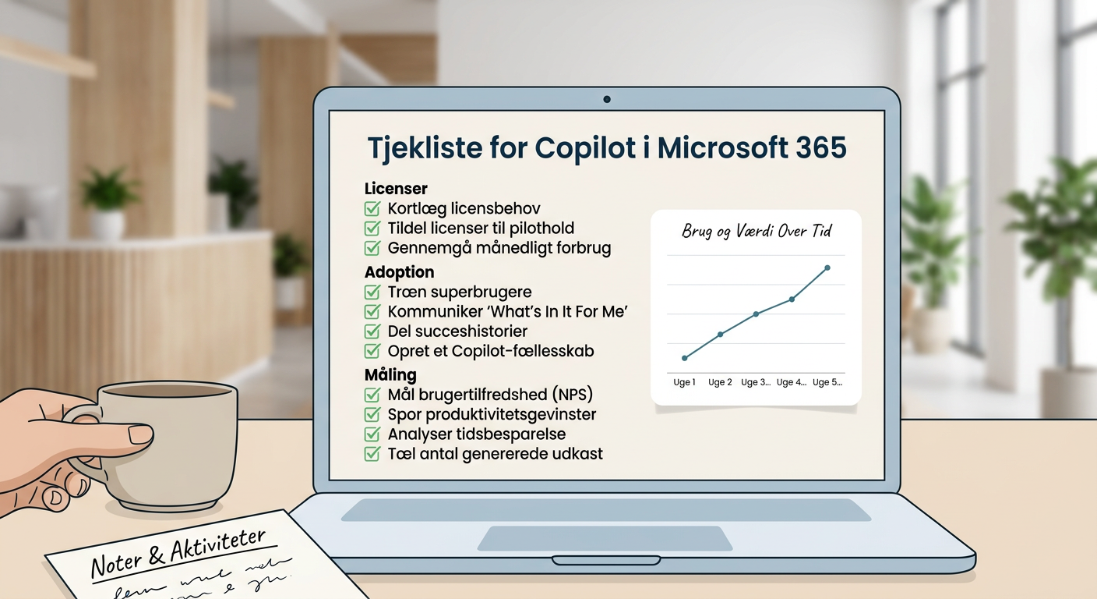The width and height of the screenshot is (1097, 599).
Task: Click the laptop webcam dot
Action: click(607, 99)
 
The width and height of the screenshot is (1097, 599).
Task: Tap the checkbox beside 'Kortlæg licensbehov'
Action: click(372, 208)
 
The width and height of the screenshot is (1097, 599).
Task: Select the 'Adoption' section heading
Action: click(399, 272)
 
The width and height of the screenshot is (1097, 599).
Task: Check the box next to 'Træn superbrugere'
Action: click(372, 292)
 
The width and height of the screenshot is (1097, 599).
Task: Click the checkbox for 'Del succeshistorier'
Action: click(372, 331)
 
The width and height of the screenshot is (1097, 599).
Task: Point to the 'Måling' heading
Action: click(390, 374)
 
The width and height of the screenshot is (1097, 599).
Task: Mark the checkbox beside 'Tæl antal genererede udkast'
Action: click(372, 454)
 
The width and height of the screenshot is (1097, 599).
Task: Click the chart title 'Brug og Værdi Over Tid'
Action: click(756, 232)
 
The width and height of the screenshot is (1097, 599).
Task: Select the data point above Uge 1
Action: click(685, 358)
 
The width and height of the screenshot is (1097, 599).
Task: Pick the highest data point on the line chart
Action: click(827, 268)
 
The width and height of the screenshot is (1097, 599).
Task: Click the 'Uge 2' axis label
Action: click(719, 382)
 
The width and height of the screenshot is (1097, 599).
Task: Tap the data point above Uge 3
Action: click(756, 314)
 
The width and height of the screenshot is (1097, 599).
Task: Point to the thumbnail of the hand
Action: click(140, 434)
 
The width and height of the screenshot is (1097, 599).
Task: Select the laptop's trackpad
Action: click(605, 538)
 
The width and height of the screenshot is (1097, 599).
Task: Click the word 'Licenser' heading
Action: click(396, 189)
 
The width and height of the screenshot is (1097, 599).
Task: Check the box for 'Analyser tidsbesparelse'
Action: click(372, 434)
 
